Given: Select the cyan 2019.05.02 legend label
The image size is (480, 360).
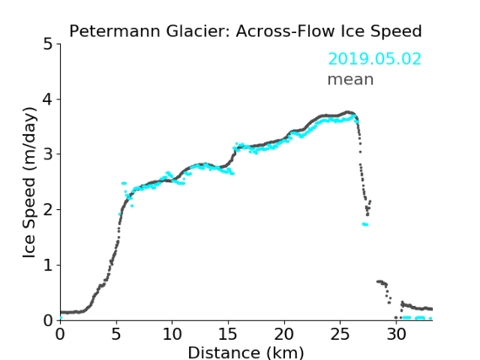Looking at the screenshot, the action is click(375, 59).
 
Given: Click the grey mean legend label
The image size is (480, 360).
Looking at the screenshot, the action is click(351, 79).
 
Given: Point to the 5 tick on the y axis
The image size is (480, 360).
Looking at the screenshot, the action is click(48, 45).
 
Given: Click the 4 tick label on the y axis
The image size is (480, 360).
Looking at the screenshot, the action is click(48, 99).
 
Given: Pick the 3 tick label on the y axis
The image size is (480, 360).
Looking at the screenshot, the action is click(48, 154).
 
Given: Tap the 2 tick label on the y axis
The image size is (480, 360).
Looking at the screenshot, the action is click(48, 210).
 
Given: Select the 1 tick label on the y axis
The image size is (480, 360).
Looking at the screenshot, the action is click(48, 266).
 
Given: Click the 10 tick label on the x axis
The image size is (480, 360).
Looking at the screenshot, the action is click(172, 335).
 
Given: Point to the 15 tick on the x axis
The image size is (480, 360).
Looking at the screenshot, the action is click(228, 335).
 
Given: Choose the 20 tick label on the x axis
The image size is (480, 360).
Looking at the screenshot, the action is click(284, 335).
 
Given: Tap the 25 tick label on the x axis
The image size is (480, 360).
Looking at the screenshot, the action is click(340, 335).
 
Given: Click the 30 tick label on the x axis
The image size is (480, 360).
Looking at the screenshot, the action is click(396, 335).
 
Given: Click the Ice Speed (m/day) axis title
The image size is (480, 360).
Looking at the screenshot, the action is click(30, 183).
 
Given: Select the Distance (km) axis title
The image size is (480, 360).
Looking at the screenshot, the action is click(245, 352).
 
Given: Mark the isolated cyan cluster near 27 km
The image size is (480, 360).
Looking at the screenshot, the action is click(365, 224).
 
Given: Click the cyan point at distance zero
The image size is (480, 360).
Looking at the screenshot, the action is click(61, 318).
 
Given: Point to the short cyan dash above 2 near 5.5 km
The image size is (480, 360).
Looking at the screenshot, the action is click(124, 183).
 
